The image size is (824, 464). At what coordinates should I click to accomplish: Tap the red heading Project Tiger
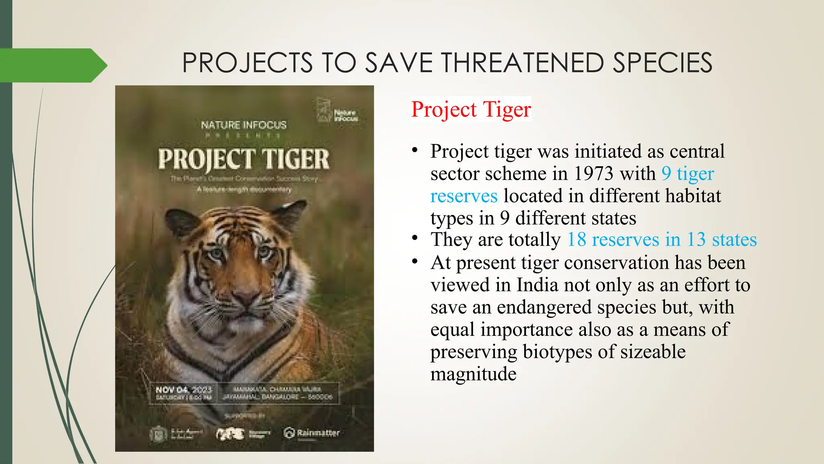click(x=471, y=109)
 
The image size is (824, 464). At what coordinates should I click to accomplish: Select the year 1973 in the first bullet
click(x=594, y=174)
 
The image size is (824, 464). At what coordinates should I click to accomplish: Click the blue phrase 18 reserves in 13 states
click(x=662, y=240)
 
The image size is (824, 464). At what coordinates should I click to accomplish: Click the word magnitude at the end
click(x=473, y=374)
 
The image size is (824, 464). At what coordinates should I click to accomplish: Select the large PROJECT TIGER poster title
click(x=243, y=159)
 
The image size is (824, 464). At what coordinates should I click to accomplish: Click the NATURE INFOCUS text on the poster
click(x=243, y=125)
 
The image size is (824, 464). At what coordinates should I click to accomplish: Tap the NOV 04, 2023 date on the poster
click(x=183, y=390)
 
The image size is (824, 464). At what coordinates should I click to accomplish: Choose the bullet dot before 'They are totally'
click(x=415, y=238)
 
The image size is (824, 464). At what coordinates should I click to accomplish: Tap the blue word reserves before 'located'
click(x=463, y=196)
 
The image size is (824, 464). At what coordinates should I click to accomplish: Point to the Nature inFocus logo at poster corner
click(x=337, y=110)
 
